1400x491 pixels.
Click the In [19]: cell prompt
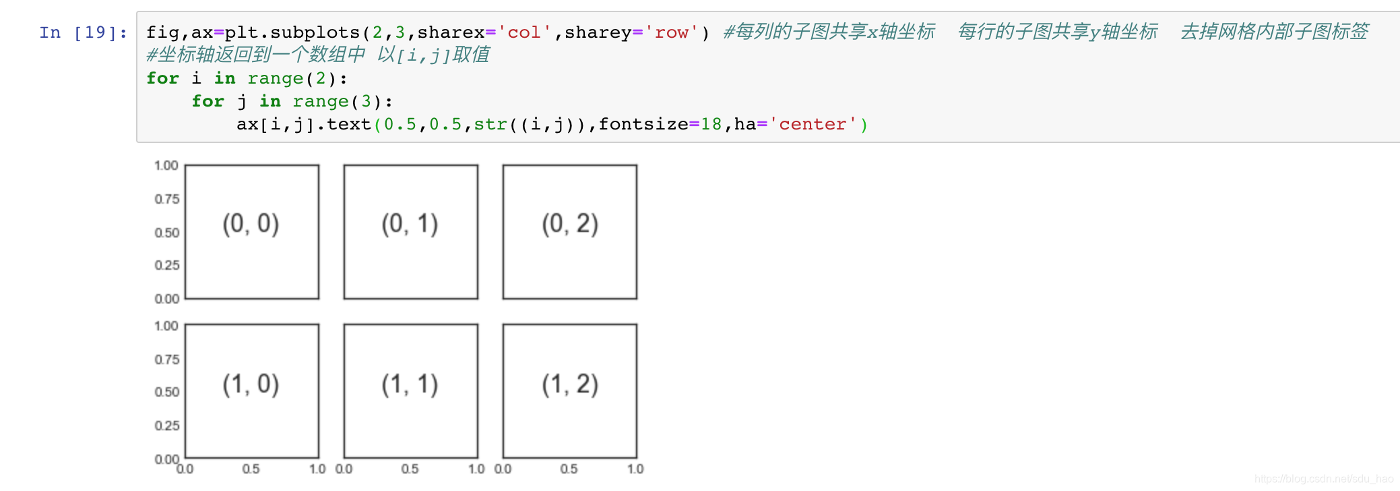[83, 32]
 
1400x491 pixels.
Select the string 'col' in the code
[524, 32]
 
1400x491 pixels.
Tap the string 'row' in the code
[671, 32]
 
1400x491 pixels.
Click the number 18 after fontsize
[711, 124]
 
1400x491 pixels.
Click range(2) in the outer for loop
[292, 78]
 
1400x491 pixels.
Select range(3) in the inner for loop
[337, 101]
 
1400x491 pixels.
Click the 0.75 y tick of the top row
[166, 199]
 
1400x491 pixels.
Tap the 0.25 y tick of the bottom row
[166, 426]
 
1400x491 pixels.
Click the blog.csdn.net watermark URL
[1323, 479]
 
